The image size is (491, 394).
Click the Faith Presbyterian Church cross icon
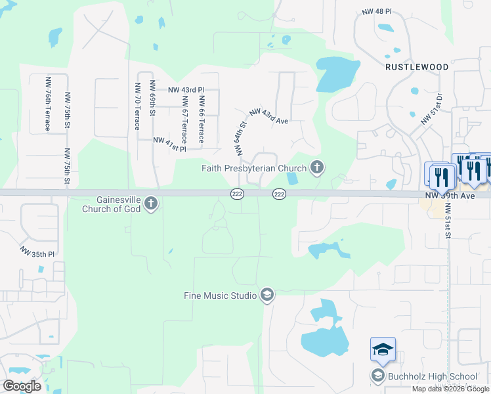(317, 167)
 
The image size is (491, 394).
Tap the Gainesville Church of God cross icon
(151, 204)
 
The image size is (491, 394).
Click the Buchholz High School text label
(432, 376)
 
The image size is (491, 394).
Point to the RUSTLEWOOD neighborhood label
(417, 67)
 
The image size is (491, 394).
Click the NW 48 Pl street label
(377, 12)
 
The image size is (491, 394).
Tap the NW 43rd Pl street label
(186, 89)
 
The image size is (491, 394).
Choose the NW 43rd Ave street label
(268, 117)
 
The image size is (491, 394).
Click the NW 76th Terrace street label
(48, 104)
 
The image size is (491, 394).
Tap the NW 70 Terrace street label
(138, 106)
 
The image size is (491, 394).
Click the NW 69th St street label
(152, 98)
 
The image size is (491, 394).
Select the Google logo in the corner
(22, 385)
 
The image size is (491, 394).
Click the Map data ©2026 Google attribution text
(450, 389)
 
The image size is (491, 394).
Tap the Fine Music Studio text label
(220, 295)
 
